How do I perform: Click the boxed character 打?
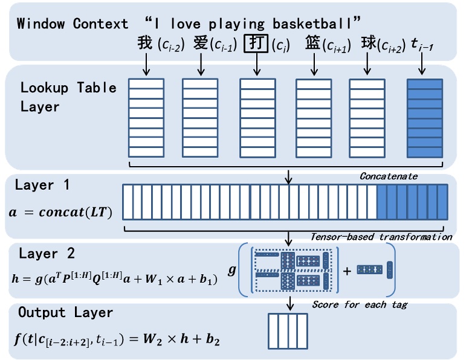pos(254,44)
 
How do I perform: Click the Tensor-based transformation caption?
pos(380,237)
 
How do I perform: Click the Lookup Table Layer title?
pos(68,97)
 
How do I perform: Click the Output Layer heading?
pos(65,313)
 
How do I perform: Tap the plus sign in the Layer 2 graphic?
pos(347,271)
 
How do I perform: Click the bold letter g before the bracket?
pos(231,269)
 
